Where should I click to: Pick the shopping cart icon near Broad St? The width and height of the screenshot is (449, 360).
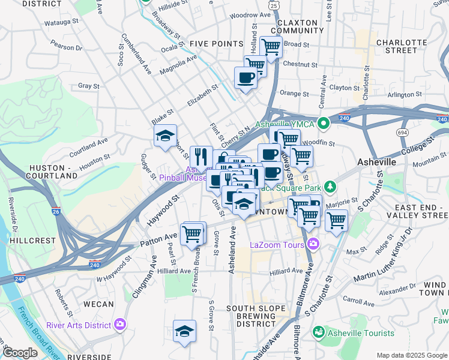coord(271,46)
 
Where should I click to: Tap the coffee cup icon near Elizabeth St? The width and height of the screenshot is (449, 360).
coord(245,78)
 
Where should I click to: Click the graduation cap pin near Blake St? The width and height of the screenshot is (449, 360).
coord(165,136)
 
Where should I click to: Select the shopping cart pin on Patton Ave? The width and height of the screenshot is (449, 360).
coord(192,233)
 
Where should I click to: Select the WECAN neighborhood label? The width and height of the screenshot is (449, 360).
coord(98,304)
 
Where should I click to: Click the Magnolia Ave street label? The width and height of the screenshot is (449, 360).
coord(178,65)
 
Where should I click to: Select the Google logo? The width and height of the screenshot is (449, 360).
coord(20,353)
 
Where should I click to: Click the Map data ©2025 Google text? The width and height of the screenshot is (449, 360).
coord(411,355)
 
